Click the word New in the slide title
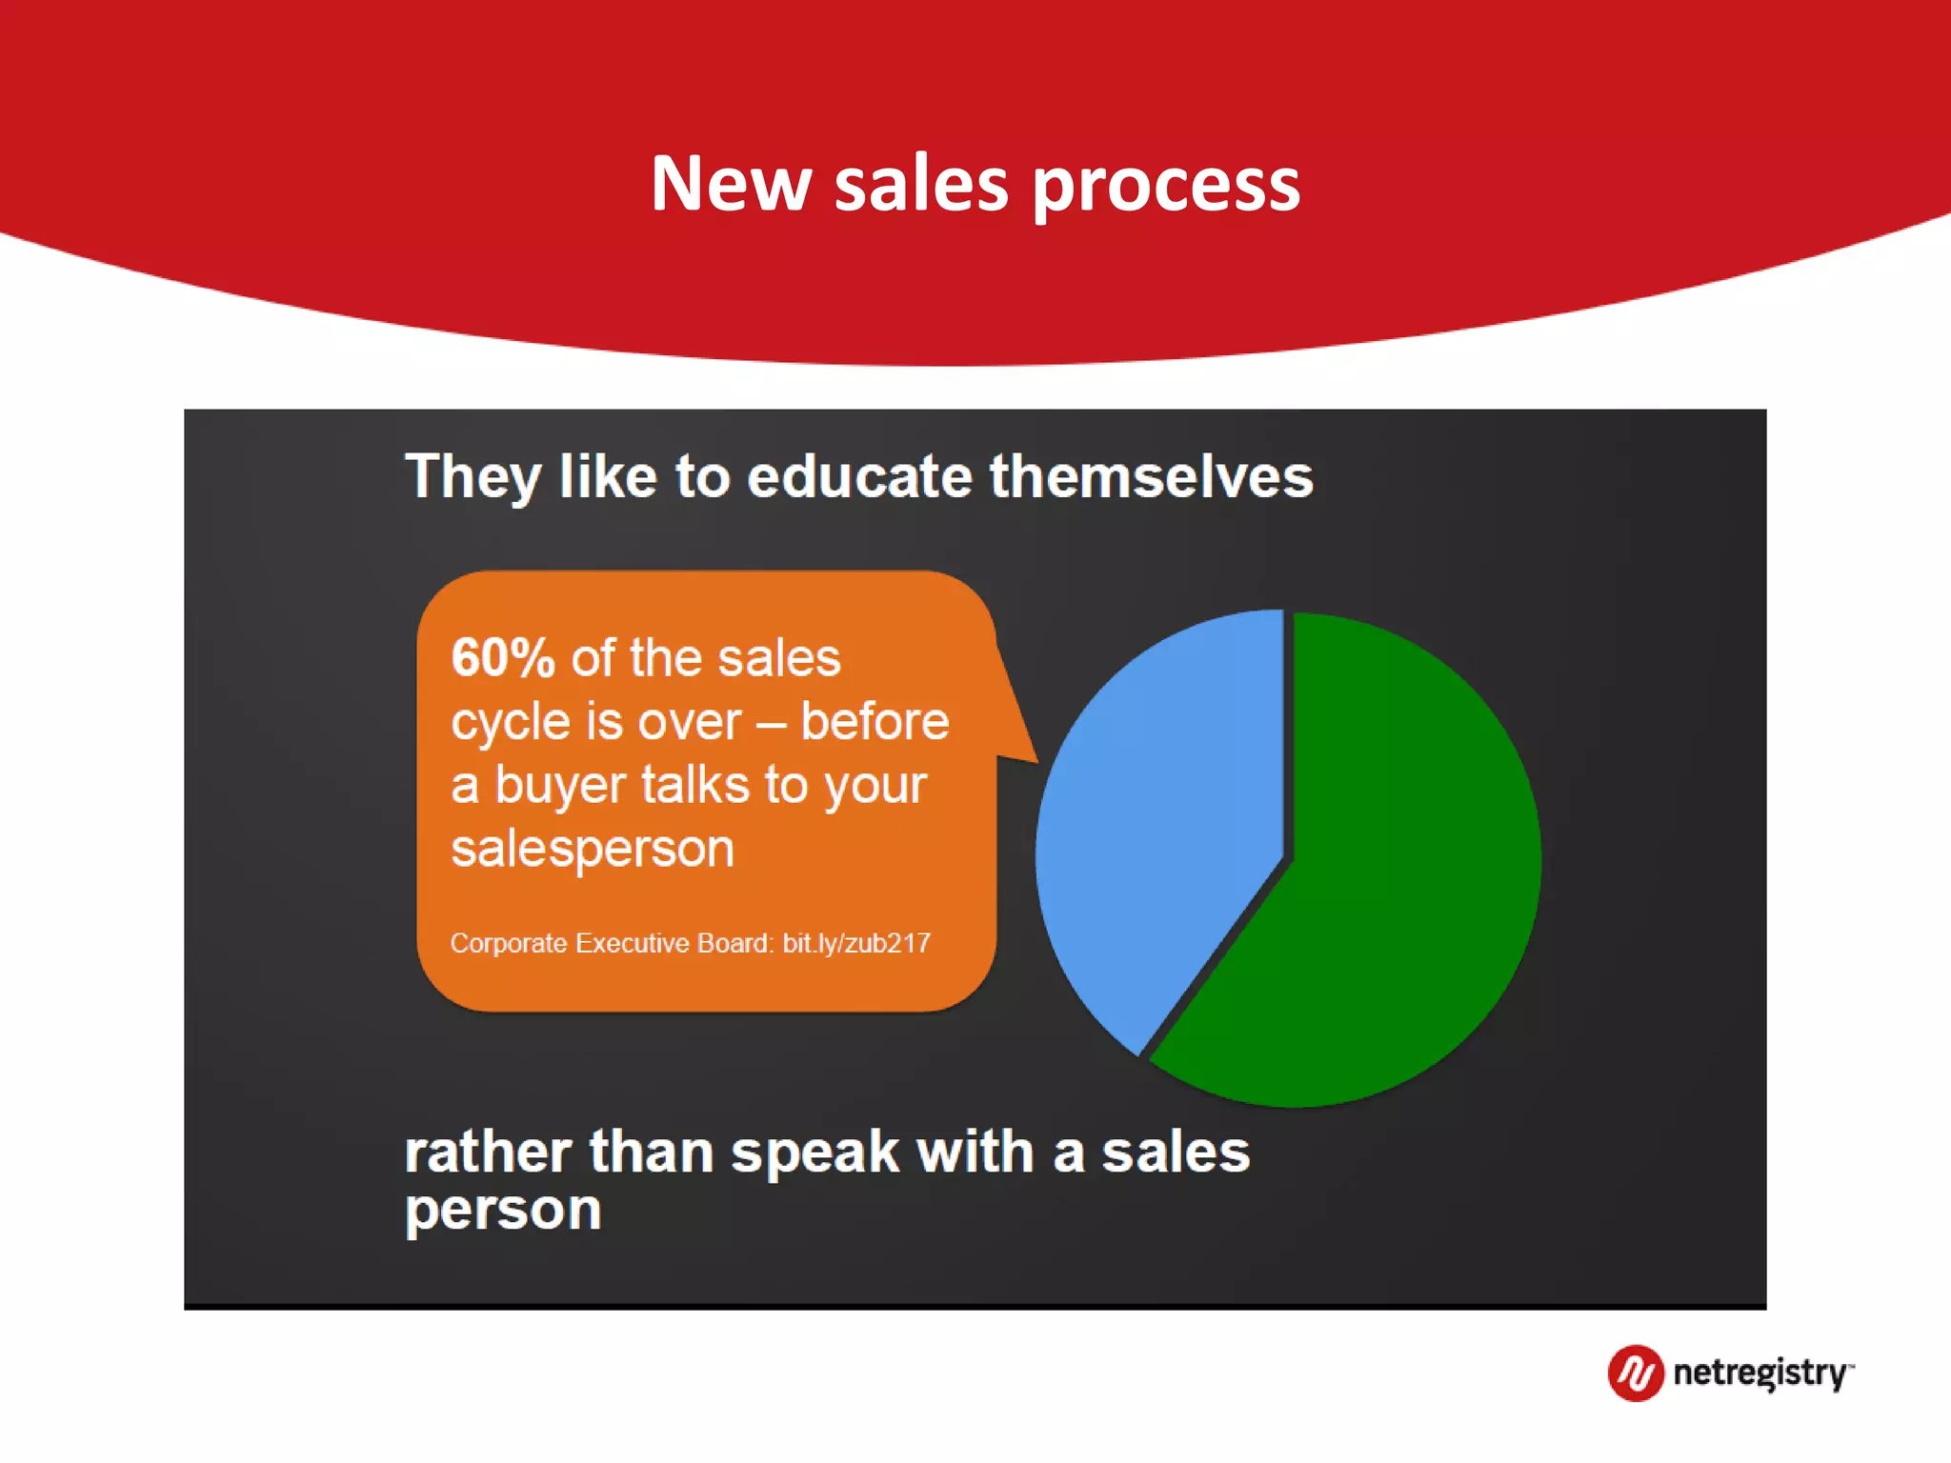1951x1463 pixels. point(731,183)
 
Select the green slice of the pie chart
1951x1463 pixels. point(1391,876)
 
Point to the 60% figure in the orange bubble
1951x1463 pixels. point(502,658)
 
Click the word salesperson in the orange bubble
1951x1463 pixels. point(593,849)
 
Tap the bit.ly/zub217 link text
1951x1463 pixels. point(855,943)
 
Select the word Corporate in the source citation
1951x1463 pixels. point(508,943)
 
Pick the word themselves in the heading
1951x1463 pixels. point(1151,476)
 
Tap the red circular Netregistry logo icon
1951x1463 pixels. point(1635,1373)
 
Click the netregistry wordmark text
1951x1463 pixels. point(1760,1373)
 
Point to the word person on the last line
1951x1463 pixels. point(502,1212)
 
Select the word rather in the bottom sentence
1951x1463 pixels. point(487,1152)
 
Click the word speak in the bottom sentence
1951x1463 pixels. point(815,1152)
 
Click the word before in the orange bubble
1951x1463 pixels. point(874,721)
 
